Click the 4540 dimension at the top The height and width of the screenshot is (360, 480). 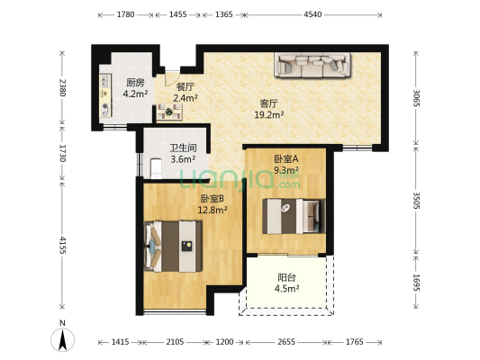(x=312, y=14)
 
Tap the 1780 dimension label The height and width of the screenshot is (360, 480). (x=125, y=14)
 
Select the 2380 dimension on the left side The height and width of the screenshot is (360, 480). (x=62, y=88)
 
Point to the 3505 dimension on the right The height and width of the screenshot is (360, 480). (x=416, y=201)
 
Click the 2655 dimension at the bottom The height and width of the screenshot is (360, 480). (x=286, y=342)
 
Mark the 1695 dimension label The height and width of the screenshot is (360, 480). (x=416, y=283)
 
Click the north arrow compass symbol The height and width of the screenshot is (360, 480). (x=62, y=339)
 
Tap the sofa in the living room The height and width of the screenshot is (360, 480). (x=312, y=65)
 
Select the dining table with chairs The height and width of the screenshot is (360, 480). (x=169, y=112)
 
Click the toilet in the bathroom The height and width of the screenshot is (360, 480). (x=156, y=168)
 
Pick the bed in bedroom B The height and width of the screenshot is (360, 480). (x=173, y=247)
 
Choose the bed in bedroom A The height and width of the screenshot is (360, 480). (x=294, y=216)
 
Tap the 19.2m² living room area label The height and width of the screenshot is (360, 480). (x=269, y=115)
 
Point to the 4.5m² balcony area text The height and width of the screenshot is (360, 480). (x=287, y=288)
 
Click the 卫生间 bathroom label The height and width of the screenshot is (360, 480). (x=183, y=148)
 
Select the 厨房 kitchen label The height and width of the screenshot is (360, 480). (x=135, y=83)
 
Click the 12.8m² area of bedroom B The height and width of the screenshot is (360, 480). (x=213, y=210)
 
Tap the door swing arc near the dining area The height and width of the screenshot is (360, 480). (x=170, y=80)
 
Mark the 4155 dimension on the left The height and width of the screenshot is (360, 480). (x=62, y=245)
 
